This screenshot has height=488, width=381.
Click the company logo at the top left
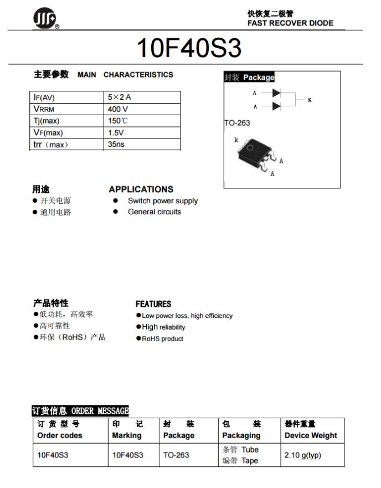pos(44,20)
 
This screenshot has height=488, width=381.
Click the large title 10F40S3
pos(189,49)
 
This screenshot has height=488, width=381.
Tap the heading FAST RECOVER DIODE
pos(290,23)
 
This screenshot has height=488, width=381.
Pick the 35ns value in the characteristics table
pos(116,144)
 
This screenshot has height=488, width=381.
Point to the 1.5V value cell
pos(116,132)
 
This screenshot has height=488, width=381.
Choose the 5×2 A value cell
pos(120,97)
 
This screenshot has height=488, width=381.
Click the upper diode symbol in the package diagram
pos(276,93)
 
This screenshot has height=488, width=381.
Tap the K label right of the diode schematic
pos(310,100)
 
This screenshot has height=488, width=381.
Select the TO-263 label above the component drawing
pos(237,123)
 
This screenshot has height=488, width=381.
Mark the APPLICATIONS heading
pos(141,189)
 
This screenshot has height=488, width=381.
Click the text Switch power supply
pos(162,201)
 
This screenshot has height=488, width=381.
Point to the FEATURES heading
pos(153,304)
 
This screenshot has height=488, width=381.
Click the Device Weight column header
pos(311,435)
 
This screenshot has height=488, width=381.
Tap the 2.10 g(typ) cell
pos(303,455)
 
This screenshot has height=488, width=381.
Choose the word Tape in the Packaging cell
pos(249,461)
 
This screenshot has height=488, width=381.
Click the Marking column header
pos(127,435)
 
